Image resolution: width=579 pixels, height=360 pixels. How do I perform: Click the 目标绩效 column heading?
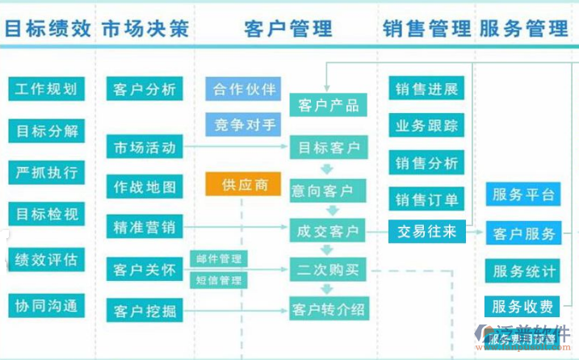pos(48,29)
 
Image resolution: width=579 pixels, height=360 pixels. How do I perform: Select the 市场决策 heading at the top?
pos(145,29)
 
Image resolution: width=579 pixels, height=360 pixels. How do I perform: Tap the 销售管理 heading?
pos(427,29)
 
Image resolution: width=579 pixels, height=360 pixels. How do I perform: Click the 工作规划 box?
pos(46,89)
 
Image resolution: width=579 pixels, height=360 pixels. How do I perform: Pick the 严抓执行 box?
pos(46,172)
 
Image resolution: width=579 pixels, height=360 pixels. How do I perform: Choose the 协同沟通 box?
pos(46,305)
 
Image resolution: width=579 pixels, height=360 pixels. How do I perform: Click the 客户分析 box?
pos(145,90)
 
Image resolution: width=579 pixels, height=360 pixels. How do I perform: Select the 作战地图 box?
pos(145,187)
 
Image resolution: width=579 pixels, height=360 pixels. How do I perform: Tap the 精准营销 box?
pos(145,228)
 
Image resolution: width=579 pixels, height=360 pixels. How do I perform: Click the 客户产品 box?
pos(328,105)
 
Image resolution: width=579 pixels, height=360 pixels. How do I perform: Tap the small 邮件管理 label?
pos(219,259)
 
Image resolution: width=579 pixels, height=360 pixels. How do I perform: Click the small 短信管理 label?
pos(219,280)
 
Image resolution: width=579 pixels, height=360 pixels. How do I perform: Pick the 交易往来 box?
pos(426,232)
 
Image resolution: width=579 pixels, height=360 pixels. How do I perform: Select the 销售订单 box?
pos(426,199)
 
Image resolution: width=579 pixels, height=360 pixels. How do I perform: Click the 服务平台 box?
pos(523,195)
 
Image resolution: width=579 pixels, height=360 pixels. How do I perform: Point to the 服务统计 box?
pos(523,270)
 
